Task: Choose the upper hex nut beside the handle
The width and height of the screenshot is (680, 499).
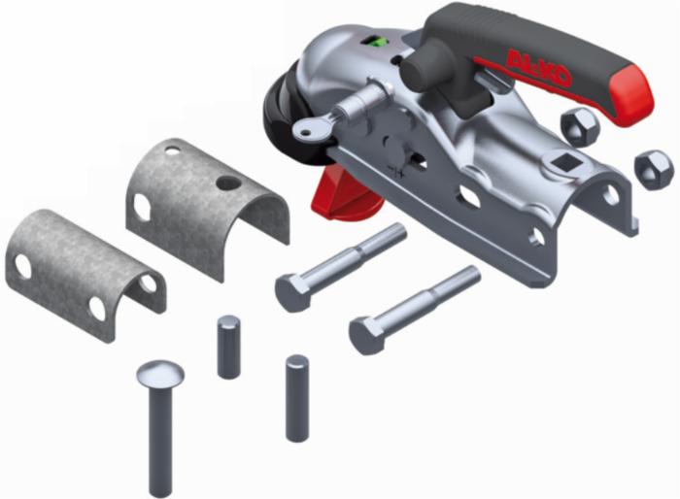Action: point(580,127)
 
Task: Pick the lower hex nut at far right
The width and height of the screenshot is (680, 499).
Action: point(655,170)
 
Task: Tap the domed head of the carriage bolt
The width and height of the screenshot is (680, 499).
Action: point(160,374)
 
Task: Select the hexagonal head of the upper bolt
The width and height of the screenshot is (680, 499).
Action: point(293,292)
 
